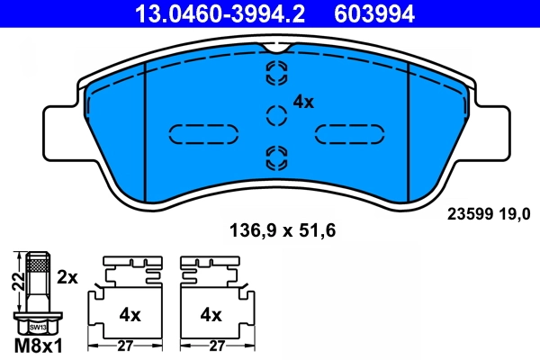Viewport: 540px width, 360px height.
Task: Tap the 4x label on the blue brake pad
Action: tap(303, 103)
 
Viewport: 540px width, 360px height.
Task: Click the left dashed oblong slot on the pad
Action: tap(204, 133)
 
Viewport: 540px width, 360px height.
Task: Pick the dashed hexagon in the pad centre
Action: tap(276, 114)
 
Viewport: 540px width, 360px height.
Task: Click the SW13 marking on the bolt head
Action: tap(35, 328)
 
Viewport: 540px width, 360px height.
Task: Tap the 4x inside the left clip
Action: tap(130, 315)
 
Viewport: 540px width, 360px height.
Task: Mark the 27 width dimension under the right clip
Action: tap(215, 345)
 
